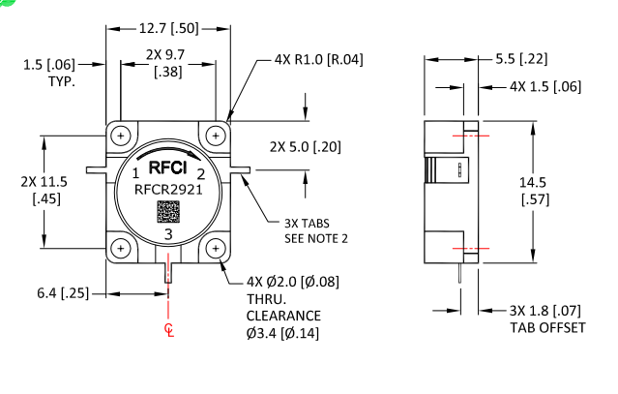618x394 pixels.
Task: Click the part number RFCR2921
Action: tap(168, 192)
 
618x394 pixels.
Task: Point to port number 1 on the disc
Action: tap(136, 173)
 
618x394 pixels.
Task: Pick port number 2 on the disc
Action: tap(200, 174)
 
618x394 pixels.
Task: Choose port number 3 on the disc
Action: tap(168, 234)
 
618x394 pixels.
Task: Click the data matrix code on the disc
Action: tap(168, 213)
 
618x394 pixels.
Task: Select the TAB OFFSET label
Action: tap(547, 327)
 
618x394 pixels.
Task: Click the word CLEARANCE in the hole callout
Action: tap(282, 317)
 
